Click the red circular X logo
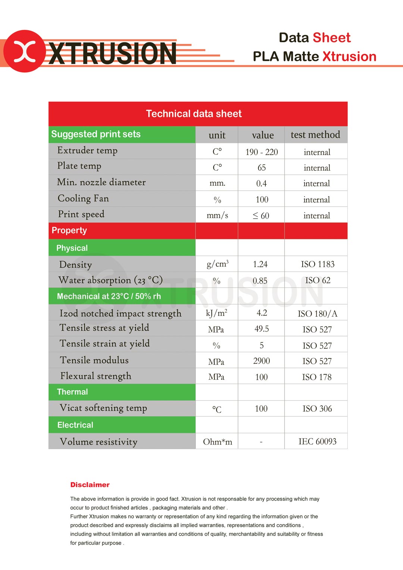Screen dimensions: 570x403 point(25,51)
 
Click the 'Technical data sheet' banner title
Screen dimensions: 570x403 point(194,114)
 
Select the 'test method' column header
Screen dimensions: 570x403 point(315,135)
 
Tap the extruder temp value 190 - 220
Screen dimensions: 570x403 point(262,152)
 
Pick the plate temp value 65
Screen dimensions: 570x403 point(262,168)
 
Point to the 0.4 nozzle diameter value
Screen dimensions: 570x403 point(261,184)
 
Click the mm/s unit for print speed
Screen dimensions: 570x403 point(217,216)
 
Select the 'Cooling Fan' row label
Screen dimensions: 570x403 point(83,198)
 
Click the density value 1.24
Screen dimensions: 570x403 point(260,264)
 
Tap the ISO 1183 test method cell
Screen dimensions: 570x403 point(318,264)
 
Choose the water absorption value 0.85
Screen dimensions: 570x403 point(260,281)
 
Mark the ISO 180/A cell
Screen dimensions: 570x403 point(317,314)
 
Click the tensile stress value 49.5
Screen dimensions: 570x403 point(262,329)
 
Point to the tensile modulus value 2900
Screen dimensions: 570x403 point(261,361)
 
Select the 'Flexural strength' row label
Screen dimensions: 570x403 point(96,376)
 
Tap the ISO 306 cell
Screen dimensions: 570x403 point(317,409)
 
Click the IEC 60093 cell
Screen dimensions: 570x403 point(317,442)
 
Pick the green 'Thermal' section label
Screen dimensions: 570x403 point(72,392)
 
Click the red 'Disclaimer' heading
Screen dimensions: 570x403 point(90,485)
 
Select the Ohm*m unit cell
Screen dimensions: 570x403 point(217,442)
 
